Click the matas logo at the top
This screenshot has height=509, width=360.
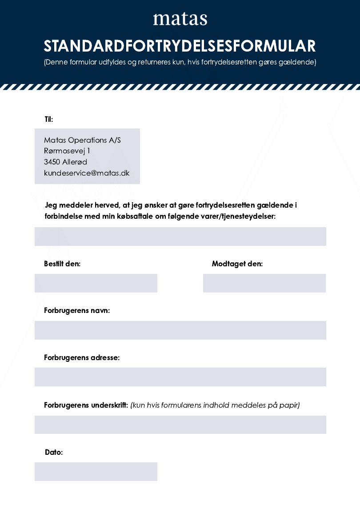pos(180,19)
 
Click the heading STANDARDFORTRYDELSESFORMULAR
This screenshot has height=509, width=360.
pos(180,46)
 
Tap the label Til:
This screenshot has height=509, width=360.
pos(49,119)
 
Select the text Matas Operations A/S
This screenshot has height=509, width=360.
pos(82,140)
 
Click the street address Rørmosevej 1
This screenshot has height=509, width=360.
pos(67,151)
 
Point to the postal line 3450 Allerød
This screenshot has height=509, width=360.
pos(65,162)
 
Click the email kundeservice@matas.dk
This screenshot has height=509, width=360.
pos(87,173)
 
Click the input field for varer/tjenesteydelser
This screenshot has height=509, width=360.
pos(180,236)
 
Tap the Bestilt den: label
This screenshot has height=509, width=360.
pos(62,264)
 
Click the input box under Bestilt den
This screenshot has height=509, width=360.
pos(96,283)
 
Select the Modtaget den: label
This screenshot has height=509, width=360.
pos(237,264)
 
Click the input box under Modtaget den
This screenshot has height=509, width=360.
pos(264,283)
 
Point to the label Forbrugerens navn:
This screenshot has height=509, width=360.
pos(77,310)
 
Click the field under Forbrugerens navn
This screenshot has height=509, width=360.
pos(180,330)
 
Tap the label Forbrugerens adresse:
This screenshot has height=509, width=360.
pos(82,357)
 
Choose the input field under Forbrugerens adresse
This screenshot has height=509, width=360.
pos(180,377)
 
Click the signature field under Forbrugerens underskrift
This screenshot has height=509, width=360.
pos(180,425)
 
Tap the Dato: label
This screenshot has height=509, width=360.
pos(54,452)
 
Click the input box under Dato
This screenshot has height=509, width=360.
pos(96,472)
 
